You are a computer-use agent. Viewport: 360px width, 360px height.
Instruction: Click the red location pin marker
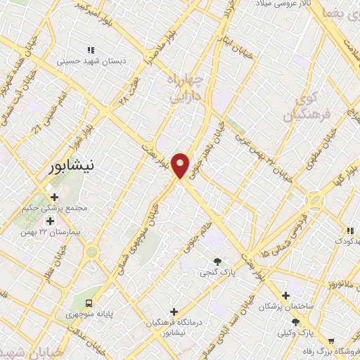[181, 165]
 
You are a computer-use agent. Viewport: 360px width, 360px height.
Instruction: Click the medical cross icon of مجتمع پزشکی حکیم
[54, 197]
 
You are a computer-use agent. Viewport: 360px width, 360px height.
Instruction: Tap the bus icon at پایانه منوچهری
[89, 303]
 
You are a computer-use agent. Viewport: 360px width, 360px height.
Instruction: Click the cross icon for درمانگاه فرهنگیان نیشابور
[174, 311]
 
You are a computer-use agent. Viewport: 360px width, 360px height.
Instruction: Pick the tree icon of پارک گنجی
[217, 262]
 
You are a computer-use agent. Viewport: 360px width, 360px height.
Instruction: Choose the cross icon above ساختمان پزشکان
[285, 295]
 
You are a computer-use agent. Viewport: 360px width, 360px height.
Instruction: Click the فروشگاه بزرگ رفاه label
[330, 350]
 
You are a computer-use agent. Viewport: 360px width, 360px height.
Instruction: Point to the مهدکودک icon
[349, 231]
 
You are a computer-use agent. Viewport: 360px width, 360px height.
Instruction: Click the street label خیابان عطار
[49, 265]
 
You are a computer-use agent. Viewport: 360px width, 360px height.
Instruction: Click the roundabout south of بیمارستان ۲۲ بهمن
[91, 252]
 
